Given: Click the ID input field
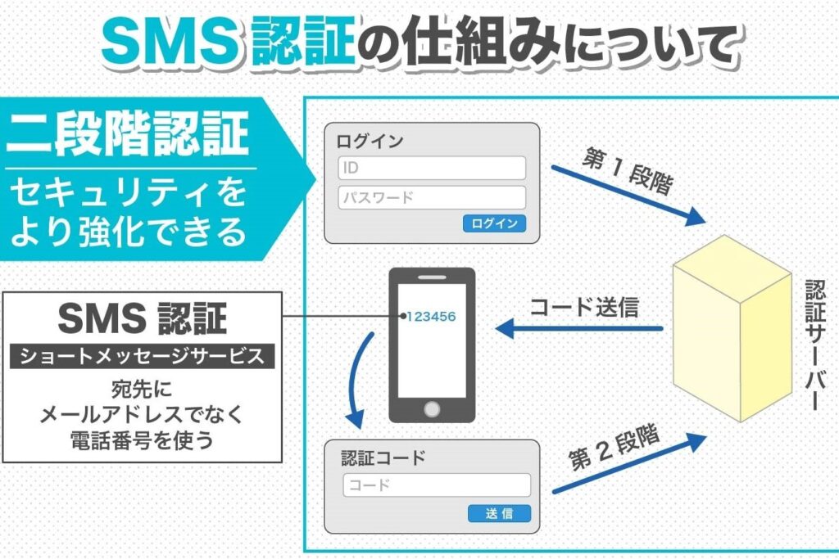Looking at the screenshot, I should pos(431,168).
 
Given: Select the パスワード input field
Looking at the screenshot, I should pos(431,197).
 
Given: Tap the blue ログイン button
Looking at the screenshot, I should pos(494,223).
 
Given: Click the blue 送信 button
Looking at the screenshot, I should pos(499,514).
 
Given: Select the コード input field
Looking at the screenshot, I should pos(437,485).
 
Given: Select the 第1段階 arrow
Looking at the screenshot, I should pos(627,193).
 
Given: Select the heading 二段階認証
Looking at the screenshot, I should pos(128,134).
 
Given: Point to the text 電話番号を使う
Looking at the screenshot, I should pos(143,440).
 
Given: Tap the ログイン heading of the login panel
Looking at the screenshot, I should pos(370,141).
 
